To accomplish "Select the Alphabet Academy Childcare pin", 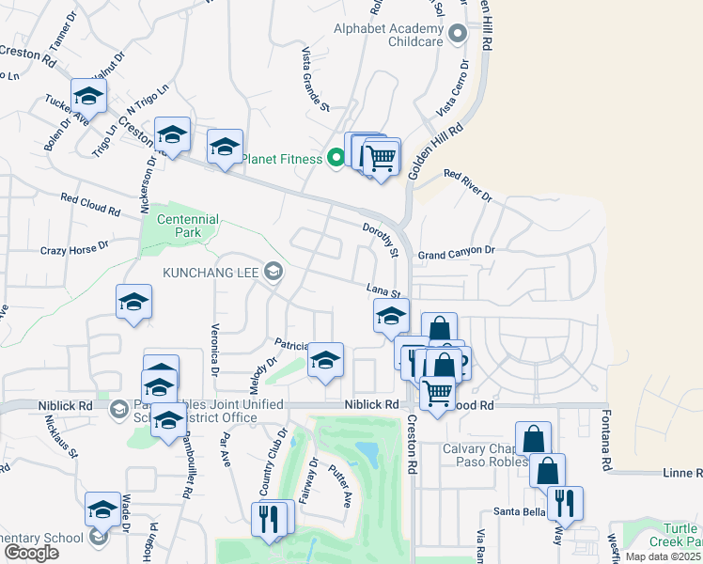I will (x=458, y=35).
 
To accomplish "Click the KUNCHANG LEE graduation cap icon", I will (x=273, y=272).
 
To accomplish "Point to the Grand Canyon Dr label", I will (x=456, y=253).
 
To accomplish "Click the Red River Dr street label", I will (x=468, y=185).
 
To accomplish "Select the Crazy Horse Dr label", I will (x=74, y=250).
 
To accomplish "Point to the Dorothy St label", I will (x=383, y=241).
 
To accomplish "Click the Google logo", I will (x=31, y=553).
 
